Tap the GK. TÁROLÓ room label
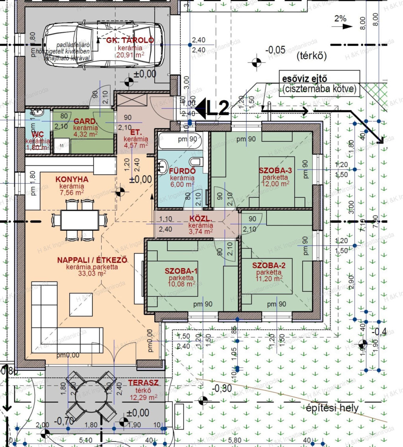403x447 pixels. coord(130,40)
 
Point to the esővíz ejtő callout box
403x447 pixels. coord(319,83)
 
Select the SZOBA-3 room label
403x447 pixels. coord(275,171)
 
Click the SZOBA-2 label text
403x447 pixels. coord(269,265)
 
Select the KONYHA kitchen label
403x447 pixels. coord(72,179)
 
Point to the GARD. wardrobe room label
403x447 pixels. coord(85,122)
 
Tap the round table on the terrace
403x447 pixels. coord(91,395)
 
